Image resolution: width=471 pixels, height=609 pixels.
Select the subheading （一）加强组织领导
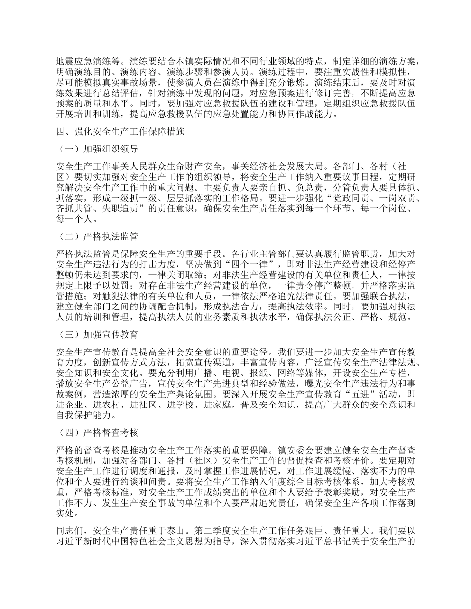[97, 149]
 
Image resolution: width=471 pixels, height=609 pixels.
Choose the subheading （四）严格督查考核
[97, 432]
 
